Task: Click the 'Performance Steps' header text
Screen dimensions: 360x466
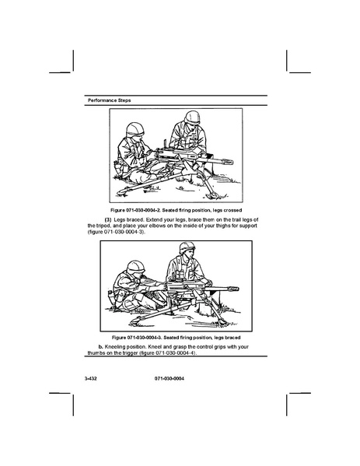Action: coord(110,100)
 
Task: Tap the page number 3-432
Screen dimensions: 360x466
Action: coord(91,379)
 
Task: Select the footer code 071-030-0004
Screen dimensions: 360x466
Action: coord(170,379)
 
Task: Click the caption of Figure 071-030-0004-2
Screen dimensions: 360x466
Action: coord(177,210)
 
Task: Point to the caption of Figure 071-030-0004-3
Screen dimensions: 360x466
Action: coord(177,338)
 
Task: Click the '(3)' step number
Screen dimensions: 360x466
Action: coord(108,219)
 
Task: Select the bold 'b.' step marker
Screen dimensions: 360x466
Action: coord(101,347)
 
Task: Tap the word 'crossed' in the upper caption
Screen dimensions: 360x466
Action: coord(232,210)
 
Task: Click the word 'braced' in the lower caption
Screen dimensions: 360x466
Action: coord(232,338)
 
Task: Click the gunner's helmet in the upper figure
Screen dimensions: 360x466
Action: coord(135,130)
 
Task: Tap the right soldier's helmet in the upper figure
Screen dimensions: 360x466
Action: coord(192,117)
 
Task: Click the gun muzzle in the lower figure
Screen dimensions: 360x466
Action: coord(233,289)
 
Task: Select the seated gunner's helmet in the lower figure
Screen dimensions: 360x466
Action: coord(136,267)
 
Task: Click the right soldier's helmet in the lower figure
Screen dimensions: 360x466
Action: coord(187,247)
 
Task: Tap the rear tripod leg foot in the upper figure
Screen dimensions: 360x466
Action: coord(121,192)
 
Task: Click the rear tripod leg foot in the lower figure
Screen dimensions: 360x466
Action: coord(135,321)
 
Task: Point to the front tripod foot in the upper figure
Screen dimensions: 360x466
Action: coord(214,195)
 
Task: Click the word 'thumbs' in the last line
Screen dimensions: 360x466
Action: coord(95,352)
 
